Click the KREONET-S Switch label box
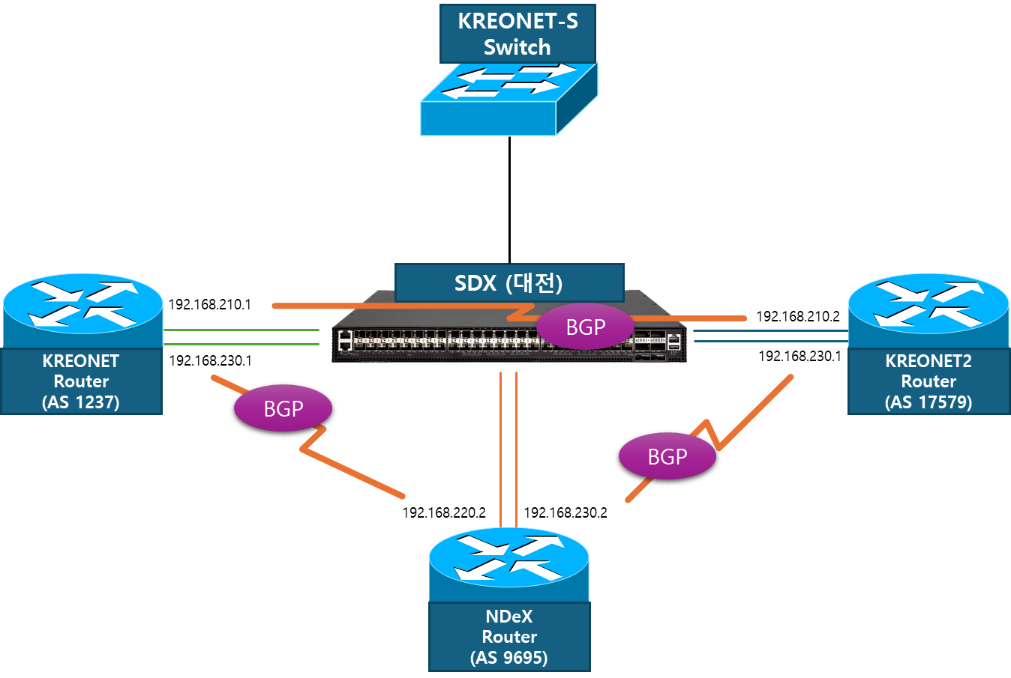click(517, 34)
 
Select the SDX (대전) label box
click(509, 282)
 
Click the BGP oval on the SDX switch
click(586, 327)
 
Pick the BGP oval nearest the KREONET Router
click(283, 408)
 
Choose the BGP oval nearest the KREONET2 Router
click(667, 456)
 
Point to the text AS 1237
click(81, 402)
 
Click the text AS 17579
click(928, 402)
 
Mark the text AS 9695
click(509, 658)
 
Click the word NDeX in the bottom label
click(509, 617)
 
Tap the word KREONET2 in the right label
click(928, 361)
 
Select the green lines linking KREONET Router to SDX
click(240, 337)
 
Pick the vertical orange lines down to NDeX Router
click(508, 450)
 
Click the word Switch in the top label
click(517, 47)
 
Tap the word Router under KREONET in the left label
click(81, 381)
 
